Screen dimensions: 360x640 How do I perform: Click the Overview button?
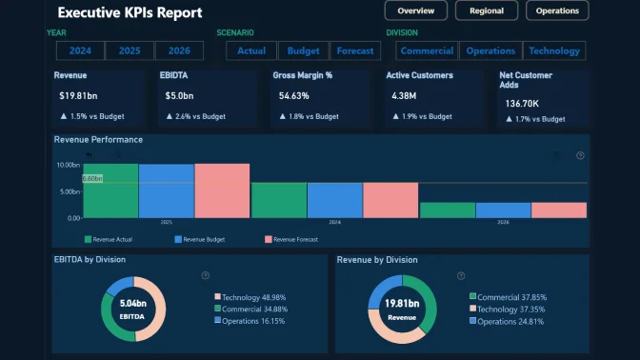click(x=416, y=11)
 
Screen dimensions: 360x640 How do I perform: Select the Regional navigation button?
click(x=486, y=11)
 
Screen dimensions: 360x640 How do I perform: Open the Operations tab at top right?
click(x=557, y=11)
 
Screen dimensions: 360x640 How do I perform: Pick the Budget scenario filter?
click(x=303, y=51)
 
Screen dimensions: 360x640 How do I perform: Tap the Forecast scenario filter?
click(x=355, y=51)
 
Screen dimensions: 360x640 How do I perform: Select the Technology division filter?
click(x=553, y=51)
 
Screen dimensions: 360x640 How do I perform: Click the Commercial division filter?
click(x=427, y=51)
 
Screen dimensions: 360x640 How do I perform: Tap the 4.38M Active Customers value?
click(x=405, y=96)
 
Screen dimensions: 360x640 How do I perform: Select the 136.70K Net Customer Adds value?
click(x=523, y=103)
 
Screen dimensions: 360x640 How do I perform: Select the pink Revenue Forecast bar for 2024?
click(x=390, y=200)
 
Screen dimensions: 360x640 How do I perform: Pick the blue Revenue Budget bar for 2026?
click(x=503, y=210)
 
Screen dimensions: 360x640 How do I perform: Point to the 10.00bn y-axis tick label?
click(x=68, y=165)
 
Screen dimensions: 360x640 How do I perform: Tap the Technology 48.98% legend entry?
click(x=252, y=297)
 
